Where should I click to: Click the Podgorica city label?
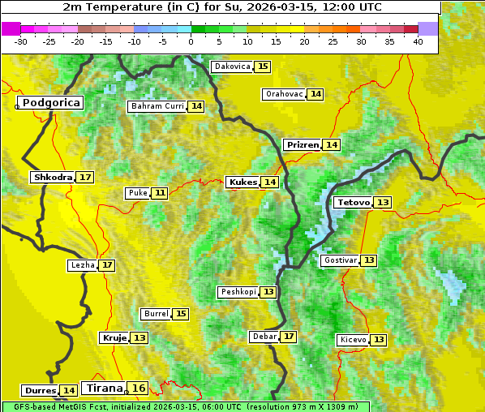(50, 103)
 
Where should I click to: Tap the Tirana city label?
(103, 388)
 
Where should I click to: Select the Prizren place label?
(303, 144)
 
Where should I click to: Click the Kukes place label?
(242, 182)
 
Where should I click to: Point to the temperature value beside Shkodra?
(85, 177)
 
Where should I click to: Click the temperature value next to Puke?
(160, 193)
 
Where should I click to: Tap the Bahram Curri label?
(157, 106)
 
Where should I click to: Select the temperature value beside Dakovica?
(262, 67)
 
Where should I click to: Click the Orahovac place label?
(284, 94)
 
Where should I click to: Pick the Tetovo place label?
(353, 202)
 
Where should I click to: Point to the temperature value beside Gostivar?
(369, 260)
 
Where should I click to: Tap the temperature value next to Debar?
(289, 337)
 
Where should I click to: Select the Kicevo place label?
(353, 339)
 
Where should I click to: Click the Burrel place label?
(155, 314)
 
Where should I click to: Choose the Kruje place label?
(114, 337)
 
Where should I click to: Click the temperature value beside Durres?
(69, 391)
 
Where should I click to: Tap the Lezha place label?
(82, 265)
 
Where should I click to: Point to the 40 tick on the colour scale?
(418, 41)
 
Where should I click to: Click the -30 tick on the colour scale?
(21, 41)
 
